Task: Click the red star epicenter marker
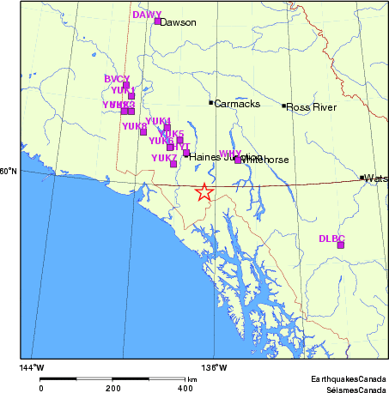[x=204, y=192]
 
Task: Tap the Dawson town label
[x=178, y=22]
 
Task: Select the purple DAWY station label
[x=147, y=15]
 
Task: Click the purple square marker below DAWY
[x=157, y=21]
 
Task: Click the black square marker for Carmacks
[x=211, y=103]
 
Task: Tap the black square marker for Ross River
[x=284, y=106]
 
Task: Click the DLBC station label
[x=331, y=238]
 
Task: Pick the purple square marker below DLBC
[x=341, y=245]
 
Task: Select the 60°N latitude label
[x=9, y=172]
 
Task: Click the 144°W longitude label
[x=32, y=368]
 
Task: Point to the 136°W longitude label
[x=215, y=368]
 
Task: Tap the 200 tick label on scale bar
[x=113, y=388]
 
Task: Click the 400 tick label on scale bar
[x=185, y=388]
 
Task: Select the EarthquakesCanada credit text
[x=348, y=378]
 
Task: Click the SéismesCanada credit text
[x=351, y=389]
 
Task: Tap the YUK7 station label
[x=164, y=158]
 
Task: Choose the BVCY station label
[x=117, y=79]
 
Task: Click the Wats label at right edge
[x=376, y=178]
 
